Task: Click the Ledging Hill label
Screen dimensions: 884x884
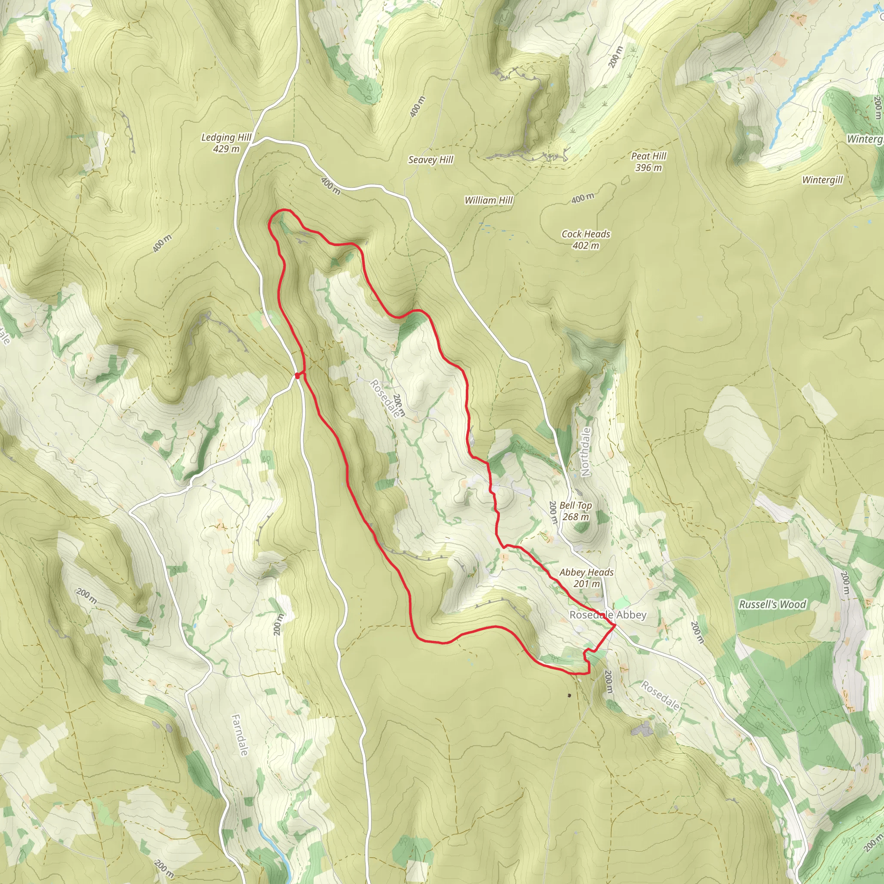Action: point(226,137)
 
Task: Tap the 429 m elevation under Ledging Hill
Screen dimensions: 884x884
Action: point(226,149)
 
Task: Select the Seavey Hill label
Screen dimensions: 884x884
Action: point(430,160)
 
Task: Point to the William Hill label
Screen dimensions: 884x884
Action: point(488,200)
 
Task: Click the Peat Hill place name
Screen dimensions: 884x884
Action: point(648,156)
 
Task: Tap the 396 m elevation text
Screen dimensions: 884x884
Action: point(648,167)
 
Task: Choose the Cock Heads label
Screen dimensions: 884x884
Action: point(586,234)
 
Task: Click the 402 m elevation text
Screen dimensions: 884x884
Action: point(586,245)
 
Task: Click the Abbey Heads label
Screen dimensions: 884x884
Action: point(586,572)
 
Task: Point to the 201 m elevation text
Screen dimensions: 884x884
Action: point(586,584)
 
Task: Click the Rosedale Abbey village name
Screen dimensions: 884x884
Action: point(608,615)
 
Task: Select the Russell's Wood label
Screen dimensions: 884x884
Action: point(772,604)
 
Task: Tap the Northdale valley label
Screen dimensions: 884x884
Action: point(585,452)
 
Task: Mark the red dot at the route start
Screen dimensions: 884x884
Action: point(297,376)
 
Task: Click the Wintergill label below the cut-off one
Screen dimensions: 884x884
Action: point(822,180)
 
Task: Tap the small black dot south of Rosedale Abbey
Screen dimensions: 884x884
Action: point(569,695)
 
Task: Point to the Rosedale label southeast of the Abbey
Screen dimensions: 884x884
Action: point(660,695)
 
